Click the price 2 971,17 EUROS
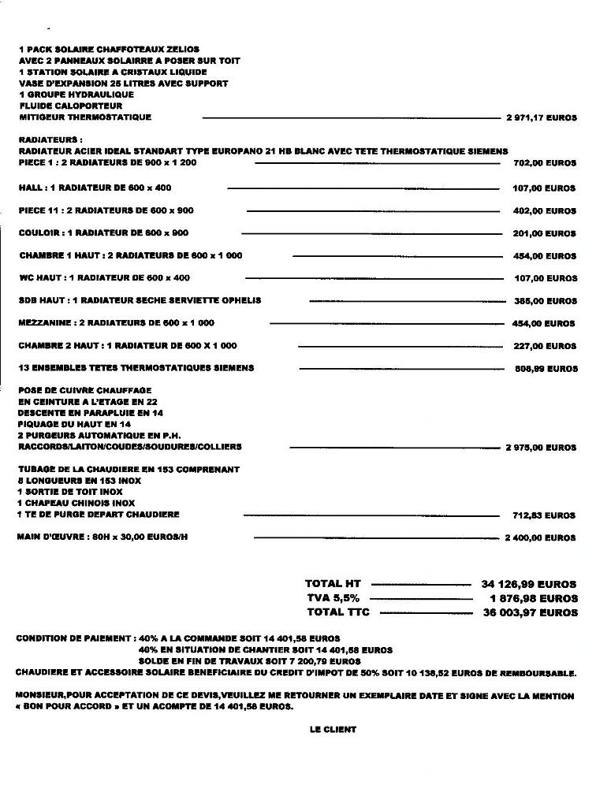(x=541, y=118)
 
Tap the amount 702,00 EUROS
(x=545, y=163)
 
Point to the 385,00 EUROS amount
(x=546, y=301)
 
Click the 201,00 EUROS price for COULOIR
(x=545, y=234)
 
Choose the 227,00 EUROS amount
(x=545, y=346)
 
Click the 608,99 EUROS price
(x=546, y=369)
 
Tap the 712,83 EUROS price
(x=545, y=515)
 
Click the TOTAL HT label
(x=333, y=584)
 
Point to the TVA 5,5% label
(x=333, y=598)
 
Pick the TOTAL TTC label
(x=337, y=612)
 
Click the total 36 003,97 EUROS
(x=530, y=612)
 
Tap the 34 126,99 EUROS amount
(x=529, y=585)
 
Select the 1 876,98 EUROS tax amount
(x=534, y=599)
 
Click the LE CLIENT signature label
(x=333, y=730)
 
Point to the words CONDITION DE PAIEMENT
(x=74, y=638)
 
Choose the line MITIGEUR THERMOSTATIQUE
(x=85, y=117)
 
